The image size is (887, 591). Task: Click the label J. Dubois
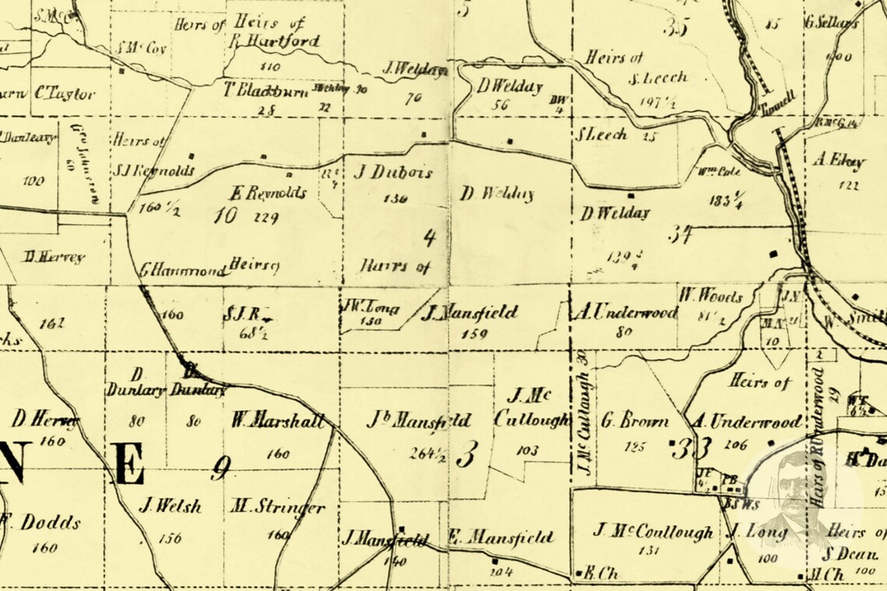pos(393,172)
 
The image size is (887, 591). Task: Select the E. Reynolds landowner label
pos(268,193)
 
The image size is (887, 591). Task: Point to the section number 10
pos(226,215)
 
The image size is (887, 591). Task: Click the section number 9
pos(221,467)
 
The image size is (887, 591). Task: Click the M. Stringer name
pos(277,508)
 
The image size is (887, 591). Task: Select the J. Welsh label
pos(170,506)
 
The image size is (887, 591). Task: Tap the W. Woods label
pos(710,296)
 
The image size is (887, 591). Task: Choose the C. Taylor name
pos(65,93)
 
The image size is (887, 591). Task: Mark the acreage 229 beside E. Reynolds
pos(267,218)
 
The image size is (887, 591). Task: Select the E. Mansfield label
pos(501,537)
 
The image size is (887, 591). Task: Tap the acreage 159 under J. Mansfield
pos(474,335)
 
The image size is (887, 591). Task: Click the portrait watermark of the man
pos(790,498)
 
